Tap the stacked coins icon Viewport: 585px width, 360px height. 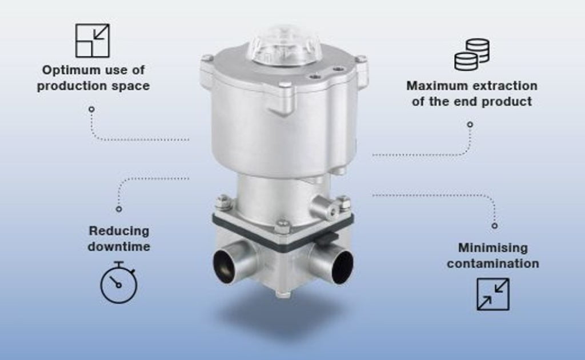point(472,54)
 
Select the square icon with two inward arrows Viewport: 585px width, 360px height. point(493,294)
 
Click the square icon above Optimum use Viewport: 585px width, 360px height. point(93,41)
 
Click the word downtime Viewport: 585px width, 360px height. point(119,247)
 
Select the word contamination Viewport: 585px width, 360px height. point(493,264)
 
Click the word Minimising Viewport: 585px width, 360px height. point(493,247)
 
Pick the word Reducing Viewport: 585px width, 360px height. point(119,231)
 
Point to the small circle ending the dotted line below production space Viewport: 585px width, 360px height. point(91,109)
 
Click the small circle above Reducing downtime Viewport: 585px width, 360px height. point(119,209)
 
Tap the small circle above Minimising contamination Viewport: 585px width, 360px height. point(494,226)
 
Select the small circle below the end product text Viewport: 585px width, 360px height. point(470,124)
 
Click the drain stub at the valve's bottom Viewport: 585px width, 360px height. point(283,294)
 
